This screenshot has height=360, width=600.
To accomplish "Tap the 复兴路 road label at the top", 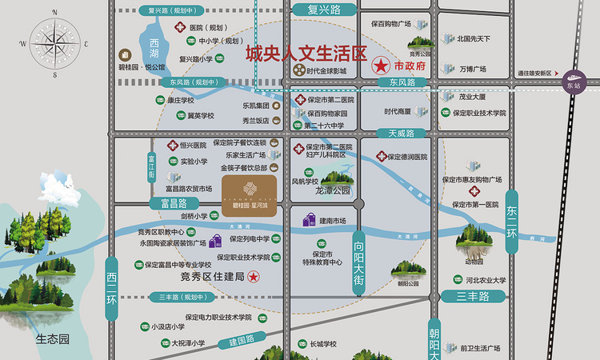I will click(x=324, y=10).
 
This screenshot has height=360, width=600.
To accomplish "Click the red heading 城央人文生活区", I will click(x=305, y=54).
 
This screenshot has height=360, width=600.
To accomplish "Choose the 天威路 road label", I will click(x=402, y=133).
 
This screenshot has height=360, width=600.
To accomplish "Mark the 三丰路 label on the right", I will click(x=473, y=297).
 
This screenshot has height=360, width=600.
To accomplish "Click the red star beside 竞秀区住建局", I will click(x=253, y=277).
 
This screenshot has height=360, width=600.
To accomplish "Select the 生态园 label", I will click(x=52, y=338).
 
